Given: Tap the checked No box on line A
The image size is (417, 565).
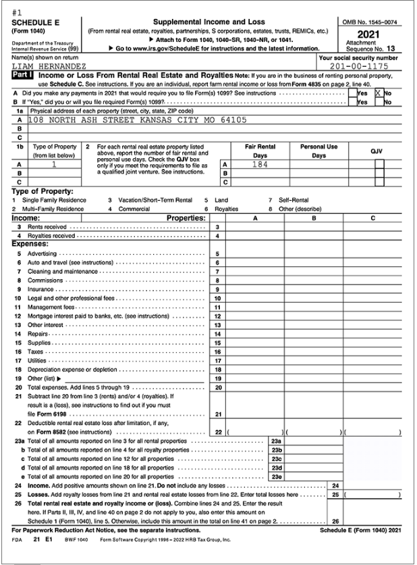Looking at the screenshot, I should pyautogui.click(x=379, y=93).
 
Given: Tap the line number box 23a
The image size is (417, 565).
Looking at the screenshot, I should pyautogui.click(x=275, y=441).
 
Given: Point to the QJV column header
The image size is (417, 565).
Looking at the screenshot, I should pyautogui.click(x=377, y=151).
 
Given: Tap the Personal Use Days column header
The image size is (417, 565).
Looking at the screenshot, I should pyautogui.click(x=318, y=151).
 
